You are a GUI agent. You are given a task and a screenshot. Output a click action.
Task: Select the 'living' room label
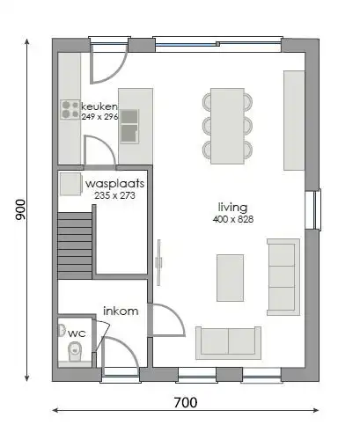(x=232, y=208)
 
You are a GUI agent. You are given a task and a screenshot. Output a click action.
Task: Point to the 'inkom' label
(x=120, y=311)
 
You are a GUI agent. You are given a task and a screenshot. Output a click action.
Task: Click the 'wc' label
(x=77, y=333)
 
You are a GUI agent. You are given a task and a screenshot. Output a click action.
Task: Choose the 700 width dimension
(x=185, y=404)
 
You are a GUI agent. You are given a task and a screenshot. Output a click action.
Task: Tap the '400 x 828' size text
(x=232, y=219)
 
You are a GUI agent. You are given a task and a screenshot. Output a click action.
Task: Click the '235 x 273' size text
(x=114, y=196)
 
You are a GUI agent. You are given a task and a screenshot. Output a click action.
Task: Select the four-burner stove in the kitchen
(x=70, y=109)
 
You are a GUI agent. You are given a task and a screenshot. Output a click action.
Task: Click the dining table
(x=227, y=125)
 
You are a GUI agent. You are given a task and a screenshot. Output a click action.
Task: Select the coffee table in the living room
(x=231, y=276)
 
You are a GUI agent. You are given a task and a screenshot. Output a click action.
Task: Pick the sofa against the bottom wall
(x=228, y=341)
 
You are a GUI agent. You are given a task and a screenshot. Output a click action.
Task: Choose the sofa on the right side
(x=283, y=276)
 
